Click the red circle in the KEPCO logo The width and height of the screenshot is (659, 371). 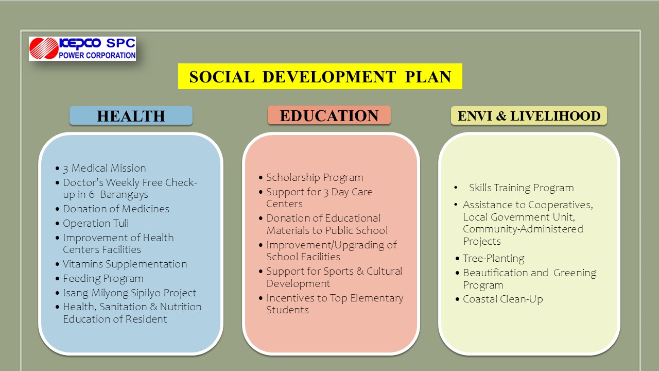pos(44,48)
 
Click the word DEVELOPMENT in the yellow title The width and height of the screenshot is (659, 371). pos(329,77)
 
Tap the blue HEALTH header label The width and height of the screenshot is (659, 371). pos(131,116)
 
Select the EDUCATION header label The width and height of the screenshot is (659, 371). pos(329,115)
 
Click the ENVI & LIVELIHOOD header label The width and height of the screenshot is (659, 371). pos(529,116)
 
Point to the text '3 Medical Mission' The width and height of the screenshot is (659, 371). pos(105,168)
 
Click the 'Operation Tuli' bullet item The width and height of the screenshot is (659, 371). pos(96,223)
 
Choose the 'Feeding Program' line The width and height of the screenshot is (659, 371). pos(103,279)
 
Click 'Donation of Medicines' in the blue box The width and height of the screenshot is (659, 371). pos(116,209)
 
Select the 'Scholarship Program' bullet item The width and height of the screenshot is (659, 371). pos(315,178)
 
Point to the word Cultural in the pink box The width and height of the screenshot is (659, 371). pos(384,271)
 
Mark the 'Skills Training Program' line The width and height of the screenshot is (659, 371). pos(522,188)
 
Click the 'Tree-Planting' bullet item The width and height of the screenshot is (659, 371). pos(494,259)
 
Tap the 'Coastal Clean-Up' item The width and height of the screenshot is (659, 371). pos(503,299)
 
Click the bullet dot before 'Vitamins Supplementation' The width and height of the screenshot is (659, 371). pos(57,264)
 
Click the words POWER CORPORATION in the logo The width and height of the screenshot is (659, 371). pos(97,55)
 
